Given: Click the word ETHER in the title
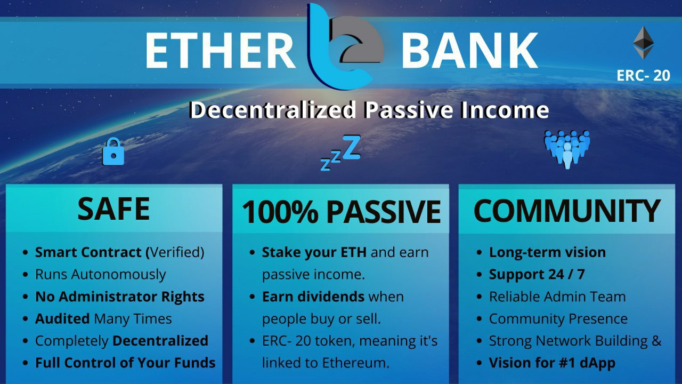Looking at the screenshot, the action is point(220,51).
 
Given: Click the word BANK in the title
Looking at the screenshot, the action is point(470,51).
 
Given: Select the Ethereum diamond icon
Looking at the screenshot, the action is point(643,43).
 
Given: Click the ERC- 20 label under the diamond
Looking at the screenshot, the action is point(643,75).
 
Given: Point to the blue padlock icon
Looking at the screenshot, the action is point(113,151).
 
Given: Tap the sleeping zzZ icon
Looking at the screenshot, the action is point(340,153).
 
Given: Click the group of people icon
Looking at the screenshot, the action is point(567,149).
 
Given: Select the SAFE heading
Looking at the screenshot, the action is point(113,209).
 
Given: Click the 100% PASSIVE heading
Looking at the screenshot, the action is point(342,212).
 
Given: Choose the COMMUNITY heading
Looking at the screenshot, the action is point(567,211).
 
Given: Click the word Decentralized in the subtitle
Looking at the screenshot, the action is point(272,110).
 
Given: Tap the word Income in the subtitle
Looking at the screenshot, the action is point(505,110).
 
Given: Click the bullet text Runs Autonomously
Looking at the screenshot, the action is point(101,275).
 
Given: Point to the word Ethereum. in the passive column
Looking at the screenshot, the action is point(355,363).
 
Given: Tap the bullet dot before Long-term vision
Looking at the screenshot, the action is point(479,253).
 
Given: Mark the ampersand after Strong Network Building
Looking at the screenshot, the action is point(657,341).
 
